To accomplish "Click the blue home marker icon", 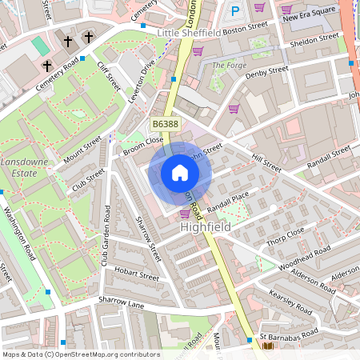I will (180, 172).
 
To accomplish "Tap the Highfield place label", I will (206, 228).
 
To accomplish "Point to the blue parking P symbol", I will (234, 11).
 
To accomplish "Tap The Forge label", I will (229, 65).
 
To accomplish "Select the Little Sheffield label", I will (190, 33).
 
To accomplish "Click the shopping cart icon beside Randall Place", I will (185, 214).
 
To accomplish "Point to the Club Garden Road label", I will (106, 237).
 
